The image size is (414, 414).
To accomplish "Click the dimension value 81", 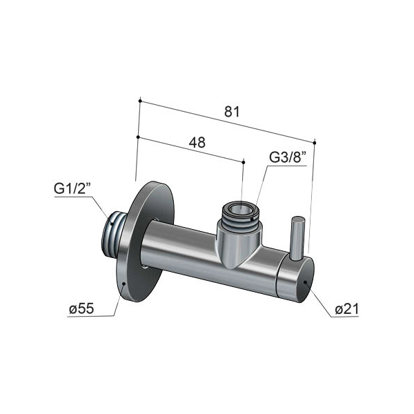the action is tap(232, 111).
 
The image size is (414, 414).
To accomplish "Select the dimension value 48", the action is tap(197, 143).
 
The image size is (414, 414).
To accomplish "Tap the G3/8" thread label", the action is tap(288, 157).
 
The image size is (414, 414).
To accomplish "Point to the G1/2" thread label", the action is tap(72, 188).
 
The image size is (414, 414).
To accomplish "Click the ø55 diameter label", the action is tap(81, 308).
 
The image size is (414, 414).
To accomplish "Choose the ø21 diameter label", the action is tap(346, 309).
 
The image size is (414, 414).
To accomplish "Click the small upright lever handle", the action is tap(297, 238).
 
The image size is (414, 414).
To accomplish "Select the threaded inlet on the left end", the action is tap(113, 233).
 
